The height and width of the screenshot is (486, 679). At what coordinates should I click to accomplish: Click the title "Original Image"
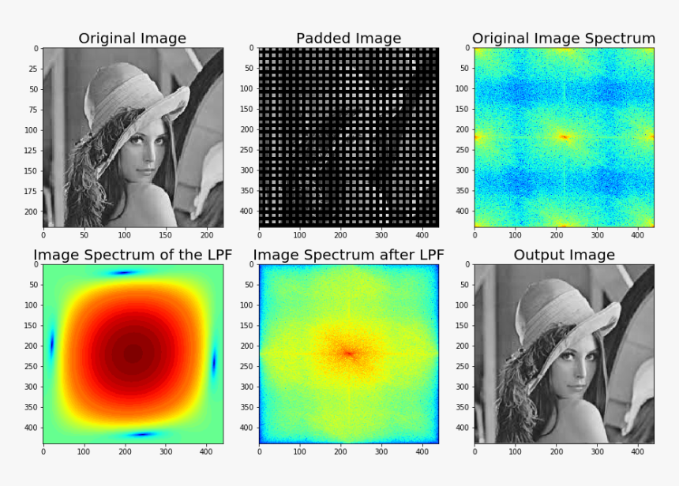(133, 39)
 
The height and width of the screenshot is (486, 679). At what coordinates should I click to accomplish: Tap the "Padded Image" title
(348, 39)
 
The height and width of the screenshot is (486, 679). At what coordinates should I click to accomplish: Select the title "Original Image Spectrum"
(564, 39)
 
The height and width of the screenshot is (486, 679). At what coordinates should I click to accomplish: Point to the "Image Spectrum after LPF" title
(348, 255)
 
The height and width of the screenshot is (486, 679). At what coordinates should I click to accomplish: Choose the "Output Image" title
(564, 255)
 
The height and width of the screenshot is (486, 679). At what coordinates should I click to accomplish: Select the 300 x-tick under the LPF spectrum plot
(166, 451)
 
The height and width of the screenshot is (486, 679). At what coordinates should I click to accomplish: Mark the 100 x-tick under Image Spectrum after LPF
(300, 451)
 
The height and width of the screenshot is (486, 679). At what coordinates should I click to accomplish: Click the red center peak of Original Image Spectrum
(565, 137)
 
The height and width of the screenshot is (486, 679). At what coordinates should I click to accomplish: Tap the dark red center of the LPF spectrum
(133, 353)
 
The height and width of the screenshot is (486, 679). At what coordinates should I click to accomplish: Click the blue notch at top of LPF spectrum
(125, 273)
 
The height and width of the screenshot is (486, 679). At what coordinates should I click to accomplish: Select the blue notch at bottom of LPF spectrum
(142, 434)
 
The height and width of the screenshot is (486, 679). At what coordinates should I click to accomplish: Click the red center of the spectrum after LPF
(348, 353)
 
